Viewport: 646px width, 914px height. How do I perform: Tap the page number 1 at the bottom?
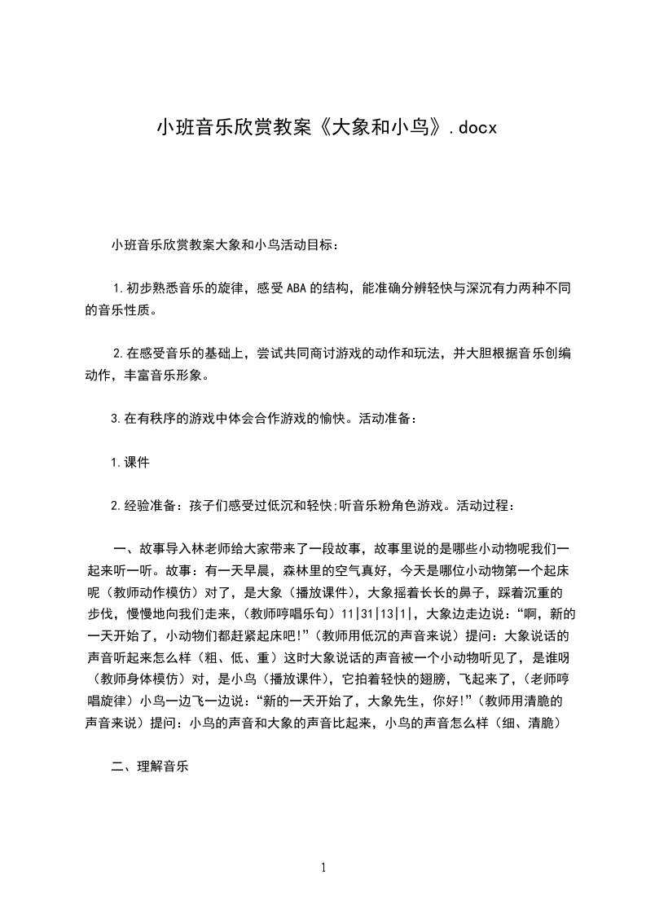point(323,868)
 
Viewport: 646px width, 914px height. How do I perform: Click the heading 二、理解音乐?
point(150,767)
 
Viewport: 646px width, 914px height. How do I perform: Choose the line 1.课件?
point(130,462)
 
